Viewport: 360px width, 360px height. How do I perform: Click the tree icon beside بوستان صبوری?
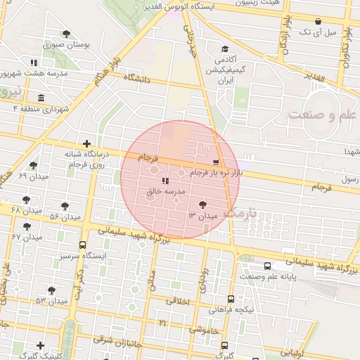point(66,34)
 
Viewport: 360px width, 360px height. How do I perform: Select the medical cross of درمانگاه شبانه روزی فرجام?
point(86,143)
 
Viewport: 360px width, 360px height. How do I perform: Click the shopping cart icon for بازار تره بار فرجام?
point(224,162)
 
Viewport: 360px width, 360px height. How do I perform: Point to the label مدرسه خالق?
point(165,191)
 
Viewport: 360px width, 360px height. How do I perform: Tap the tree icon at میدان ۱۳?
point(203,205)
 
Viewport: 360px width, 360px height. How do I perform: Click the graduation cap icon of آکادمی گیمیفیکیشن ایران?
point(224,50)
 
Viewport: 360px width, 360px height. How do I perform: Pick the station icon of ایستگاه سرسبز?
point(83,245)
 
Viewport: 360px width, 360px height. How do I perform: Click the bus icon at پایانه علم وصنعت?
point(266,266)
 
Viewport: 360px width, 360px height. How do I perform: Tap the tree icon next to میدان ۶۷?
point(27,226)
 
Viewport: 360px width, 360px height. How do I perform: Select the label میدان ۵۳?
point(51,301)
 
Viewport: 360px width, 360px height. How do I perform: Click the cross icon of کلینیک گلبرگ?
point(41,345)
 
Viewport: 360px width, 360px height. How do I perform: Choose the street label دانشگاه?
point(138,79)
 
